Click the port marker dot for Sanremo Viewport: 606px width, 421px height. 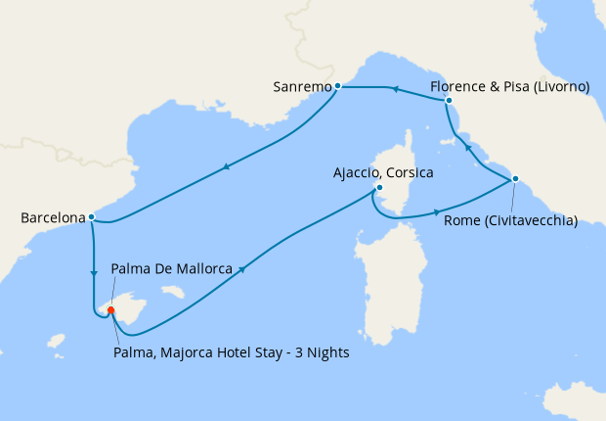tap(337, 86)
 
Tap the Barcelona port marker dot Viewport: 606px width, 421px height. tap(91, 217)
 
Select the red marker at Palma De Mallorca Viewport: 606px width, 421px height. tap(110, 310)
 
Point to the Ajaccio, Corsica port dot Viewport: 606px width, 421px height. tap(379, 189)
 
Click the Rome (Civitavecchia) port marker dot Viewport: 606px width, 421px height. tap(515, 178)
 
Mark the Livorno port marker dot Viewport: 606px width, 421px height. tap(449, 101)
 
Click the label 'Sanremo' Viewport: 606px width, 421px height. tap(302, 87)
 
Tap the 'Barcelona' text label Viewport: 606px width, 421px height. tap(52, 218)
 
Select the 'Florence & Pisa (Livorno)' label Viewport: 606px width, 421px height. tap(509, 87)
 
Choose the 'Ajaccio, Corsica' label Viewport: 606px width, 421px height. tap(383, 173)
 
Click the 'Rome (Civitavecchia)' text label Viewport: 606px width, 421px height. tap(510, 220)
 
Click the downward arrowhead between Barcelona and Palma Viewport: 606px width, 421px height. tap(94, 273)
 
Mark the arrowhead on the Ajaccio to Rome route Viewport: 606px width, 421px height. tap(436, 210)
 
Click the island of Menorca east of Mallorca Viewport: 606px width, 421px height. tap(173, 291)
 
